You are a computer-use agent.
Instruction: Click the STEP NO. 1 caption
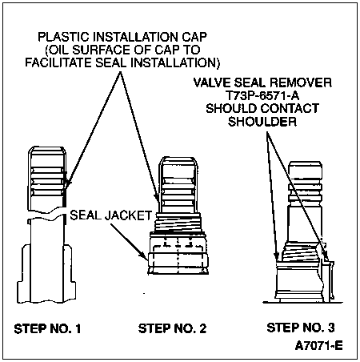(47, 328)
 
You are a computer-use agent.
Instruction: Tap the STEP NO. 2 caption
(172, 328)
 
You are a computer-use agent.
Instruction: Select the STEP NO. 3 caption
(301, 328)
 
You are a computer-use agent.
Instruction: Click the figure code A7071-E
(318, 346)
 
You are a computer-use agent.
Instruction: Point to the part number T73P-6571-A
(262, 95)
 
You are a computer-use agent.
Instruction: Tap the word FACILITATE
(58, 63)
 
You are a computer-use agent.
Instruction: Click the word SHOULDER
(262, 122)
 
